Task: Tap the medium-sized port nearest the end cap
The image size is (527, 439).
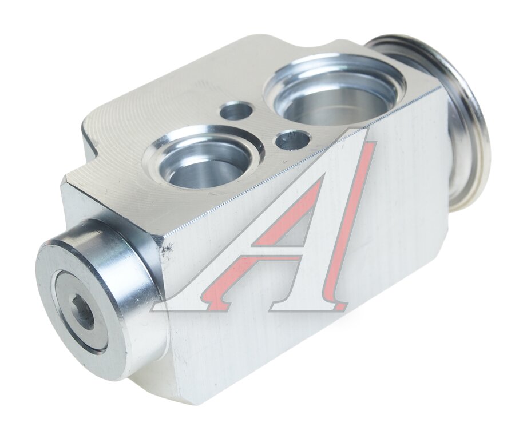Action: [201, 158]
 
